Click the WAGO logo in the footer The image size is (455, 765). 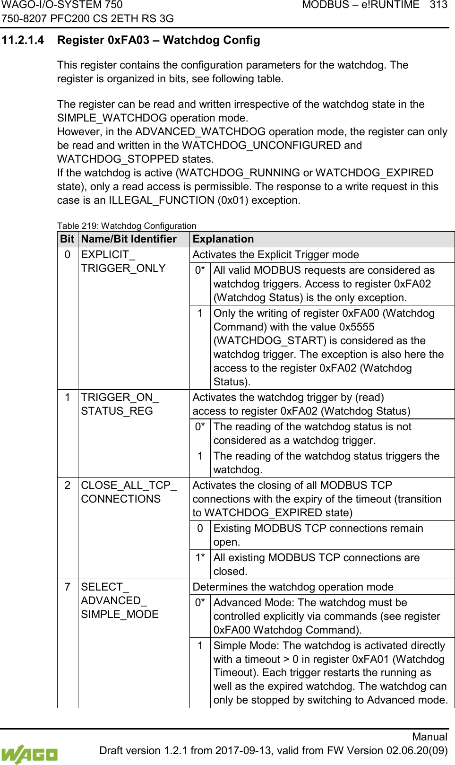click(29, 754)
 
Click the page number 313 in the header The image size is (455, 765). click(438, 5)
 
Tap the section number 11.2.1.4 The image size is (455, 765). click(23, 40)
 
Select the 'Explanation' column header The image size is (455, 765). click(223, 239)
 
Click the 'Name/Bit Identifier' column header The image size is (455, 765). click(129, 239)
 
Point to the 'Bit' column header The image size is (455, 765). click(67, 239)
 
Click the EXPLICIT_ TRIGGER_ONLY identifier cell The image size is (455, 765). click(123, 261)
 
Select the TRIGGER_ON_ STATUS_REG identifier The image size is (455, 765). click(120, 404)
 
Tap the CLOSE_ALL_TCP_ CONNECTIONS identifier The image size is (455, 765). click(128, 492)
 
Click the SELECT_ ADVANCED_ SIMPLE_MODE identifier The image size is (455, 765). click(120, 600)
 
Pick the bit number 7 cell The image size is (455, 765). click(68, 587)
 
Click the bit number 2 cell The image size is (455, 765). click(68, 485)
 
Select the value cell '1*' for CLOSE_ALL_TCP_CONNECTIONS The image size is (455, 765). click(200, 558)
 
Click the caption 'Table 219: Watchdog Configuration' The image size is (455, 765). click(127, 226)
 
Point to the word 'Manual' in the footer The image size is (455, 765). click(429, 737)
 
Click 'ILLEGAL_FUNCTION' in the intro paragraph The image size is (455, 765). click(162, 200)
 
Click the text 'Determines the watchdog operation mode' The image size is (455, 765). click(293, 587)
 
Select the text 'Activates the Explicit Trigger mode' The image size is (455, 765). click(275, 255)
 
